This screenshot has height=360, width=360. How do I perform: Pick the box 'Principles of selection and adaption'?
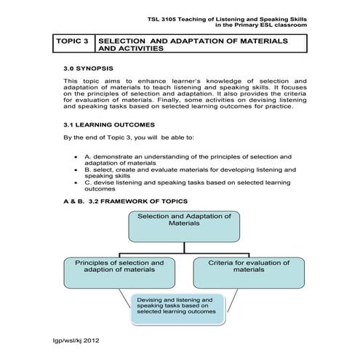click(120, 265)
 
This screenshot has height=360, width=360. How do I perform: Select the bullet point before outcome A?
click(77, 157)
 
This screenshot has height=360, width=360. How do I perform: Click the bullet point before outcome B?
click(77, 169)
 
